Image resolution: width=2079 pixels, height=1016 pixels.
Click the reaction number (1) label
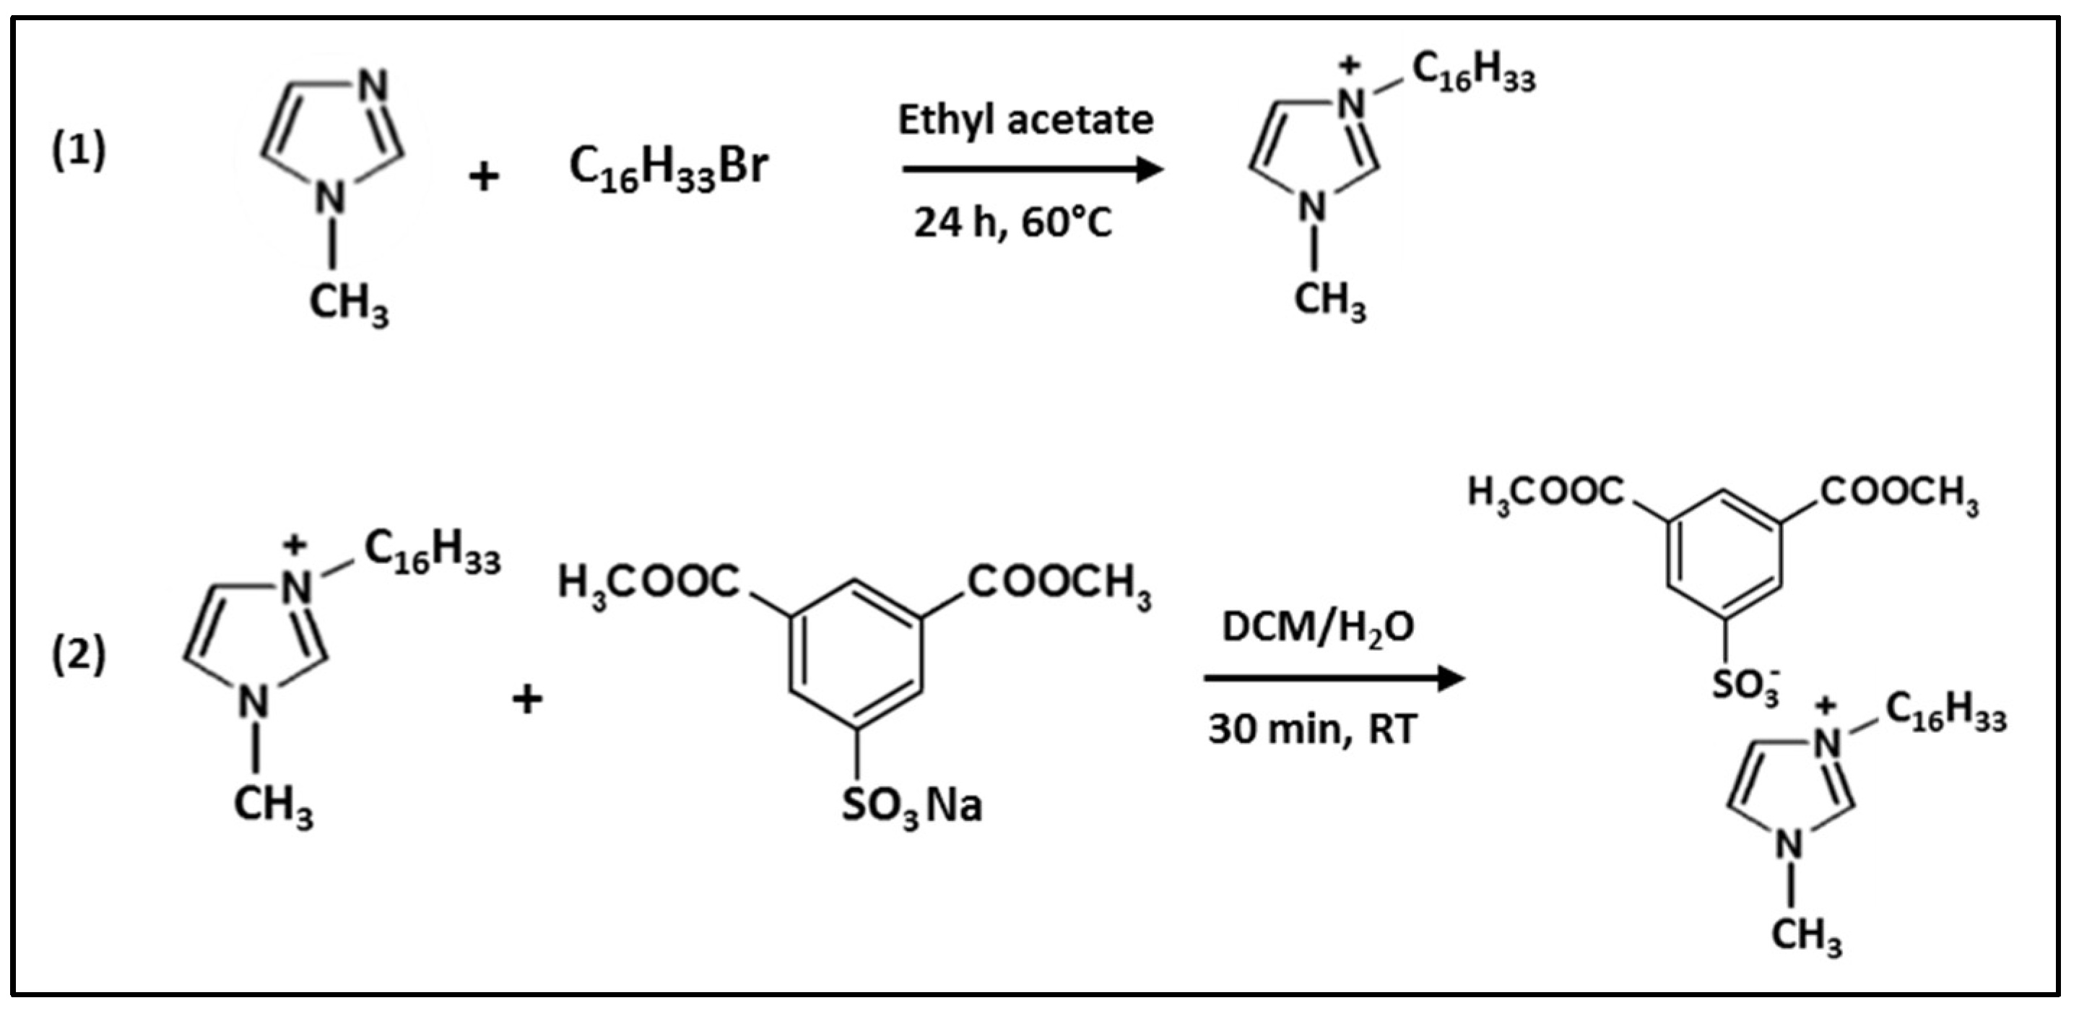click(78, 151)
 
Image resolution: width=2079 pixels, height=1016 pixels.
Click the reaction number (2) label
click(78, 654)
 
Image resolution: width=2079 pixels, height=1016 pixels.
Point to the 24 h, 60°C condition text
click(1012, 222)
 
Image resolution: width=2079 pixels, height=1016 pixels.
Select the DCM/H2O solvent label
click(1318, 628)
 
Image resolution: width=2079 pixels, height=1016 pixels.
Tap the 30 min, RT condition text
click(1312, 729)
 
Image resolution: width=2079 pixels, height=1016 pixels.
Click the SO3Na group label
click(911, 805)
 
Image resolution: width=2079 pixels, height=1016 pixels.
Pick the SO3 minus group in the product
click(1745, 686)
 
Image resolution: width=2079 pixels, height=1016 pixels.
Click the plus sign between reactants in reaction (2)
click(527, 699)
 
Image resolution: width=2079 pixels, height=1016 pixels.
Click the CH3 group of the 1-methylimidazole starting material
click(349, 303)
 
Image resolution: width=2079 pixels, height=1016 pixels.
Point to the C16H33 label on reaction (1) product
click(1474, 74)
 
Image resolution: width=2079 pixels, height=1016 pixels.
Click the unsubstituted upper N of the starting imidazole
click(373, 85)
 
